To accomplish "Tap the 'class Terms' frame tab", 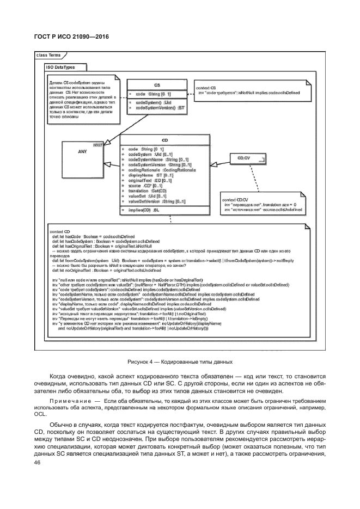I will (49, 55).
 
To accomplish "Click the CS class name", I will (157, 85).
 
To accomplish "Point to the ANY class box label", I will (83, 152).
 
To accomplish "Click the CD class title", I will (164, 140).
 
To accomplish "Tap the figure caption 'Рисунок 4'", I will (180, 361).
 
